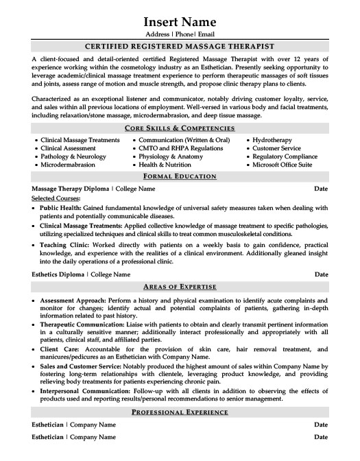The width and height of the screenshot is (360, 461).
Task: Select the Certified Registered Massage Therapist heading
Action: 179,47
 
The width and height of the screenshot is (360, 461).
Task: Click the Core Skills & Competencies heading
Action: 179,128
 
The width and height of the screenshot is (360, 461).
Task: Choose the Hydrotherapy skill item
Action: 275,140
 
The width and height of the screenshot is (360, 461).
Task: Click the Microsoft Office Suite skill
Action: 282,165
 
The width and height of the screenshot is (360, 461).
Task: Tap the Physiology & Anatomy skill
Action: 171,156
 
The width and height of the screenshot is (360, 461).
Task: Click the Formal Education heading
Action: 179,176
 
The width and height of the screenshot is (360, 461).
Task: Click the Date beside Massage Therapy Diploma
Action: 320,188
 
